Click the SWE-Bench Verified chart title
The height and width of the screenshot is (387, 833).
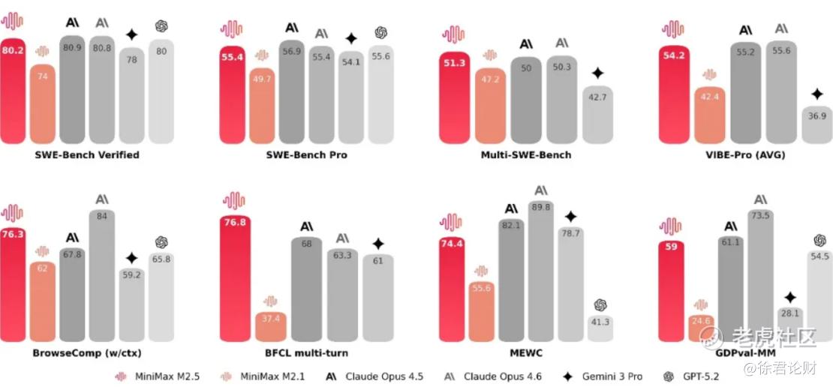point(86,155)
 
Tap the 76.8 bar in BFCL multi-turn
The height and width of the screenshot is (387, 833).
point(234,277)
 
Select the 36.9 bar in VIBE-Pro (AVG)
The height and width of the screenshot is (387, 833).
point(816,124)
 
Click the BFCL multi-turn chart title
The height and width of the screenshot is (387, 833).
point(305,352)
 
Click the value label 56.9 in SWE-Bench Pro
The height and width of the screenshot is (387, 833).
point(292,51)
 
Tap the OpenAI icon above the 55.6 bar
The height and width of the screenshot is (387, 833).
point(380,32)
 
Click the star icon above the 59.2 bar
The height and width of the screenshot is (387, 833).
point(131,258)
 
